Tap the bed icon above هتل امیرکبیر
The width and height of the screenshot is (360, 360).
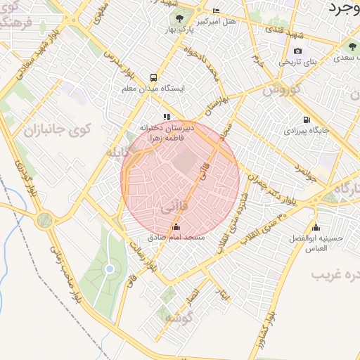[x=216, y=11]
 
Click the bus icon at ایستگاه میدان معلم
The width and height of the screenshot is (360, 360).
[x=153, y=77]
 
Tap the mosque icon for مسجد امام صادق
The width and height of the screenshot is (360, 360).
[x=175, y=226]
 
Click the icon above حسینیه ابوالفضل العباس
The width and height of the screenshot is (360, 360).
[x=316, y=227]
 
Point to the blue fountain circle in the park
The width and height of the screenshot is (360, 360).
[x=109, y=269]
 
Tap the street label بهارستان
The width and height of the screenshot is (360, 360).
[x=214, y=103]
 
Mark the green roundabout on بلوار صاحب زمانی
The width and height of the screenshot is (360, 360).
[x=44, y=221]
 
